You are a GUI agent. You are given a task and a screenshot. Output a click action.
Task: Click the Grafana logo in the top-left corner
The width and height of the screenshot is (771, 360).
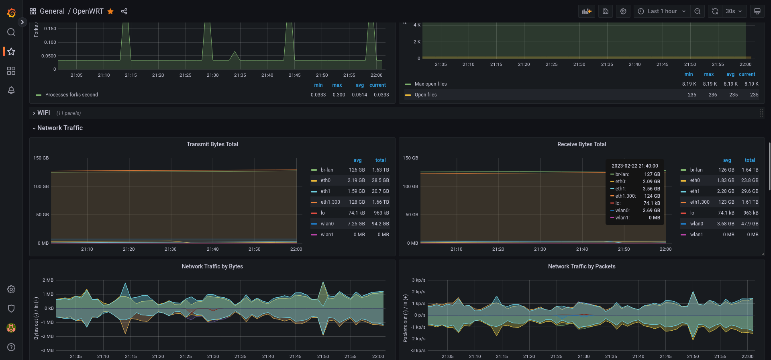point(11,13)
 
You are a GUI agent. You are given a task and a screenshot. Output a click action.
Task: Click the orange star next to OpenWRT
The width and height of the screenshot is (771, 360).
point(110,11)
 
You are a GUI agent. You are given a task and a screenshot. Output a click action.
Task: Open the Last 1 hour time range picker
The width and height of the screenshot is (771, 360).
point(662,11)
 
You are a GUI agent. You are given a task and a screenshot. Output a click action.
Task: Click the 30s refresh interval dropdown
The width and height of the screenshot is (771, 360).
point(734,11)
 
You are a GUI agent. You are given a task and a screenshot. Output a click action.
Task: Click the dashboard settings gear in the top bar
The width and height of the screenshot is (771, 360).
point(623,11)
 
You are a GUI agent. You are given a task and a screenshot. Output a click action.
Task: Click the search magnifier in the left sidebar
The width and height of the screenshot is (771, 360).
point(11,32)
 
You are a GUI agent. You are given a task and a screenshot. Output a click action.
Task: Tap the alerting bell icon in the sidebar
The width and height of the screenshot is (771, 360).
point(11,90)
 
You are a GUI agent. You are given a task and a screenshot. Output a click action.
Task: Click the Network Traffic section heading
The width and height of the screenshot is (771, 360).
point(60,128)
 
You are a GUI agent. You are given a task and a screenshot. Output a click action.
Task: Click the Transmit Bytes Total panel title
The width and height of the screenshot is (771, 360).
point(212,144)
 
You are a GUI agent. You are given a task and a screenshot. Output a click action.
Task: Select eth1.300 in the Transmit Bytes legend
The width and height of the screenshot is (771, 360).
point(330,202)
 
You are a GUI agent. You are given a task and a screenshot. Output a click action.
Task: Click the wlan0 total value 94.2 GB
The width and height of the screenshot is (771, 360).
point(380,224)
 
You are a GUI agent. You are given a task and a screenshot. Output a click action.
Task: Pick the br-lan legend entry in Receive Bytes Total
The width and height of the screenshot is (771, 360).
point(696,170)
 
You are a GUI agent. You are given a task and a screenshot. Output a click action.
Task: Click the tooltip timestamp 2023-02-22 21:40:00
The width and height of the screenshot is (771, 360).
point(635,166)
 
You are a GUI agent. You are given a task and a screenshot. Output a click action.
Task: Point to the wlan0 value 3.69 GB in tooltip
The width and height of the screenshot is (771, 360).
point(651,211)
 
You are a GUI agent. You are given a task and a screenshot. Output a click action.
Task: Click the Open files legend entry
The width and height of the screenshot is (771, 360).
point(426,95)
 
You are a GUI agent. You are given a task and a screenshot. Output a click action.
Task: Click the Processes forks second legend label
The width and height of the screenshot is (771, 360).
point(71,95)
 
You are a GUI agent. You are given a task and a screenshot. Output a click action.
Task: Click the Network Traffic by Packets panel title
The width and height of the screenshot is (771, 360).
point(582,266)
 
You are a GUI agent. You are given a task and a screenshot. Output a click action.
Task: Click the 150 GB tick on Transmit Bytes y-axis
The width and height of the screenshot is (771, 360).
point(41,158)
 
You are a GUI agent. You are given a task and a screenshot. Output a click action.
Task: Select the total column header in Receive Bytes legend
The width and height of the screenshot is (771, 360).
point(750,160)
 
